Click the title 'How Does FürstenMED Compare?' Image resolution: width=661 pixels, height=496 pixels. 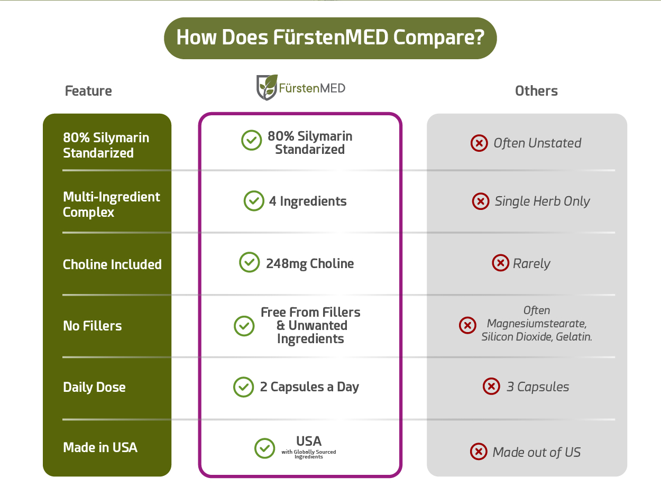(x=331, y=38)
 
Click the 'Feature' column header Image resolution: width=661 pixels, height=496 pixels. (x=88, y=91)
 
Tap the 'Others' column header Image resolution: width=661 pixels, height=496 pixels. (x=536, y=91)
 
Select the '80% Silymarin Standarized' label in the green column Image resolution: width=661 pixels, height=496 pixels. (x=106, y=145)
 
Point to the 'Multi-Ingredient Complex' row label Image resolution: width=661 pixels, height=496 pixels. (x=112, y=205)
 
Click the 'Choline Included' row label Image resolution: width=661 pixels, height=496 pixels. (x=112, y=264)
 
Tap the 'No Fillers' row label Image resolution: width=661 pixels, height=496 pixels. (x=93, y=326)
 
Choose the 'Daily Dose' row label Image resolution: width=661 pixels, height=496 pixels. (x=94, y=387)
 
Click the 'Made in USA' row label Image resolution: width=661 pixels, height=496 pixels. (x=100, y=447)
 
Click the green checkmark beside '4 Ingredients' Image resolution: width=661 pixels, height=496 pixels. (x=254, y=201)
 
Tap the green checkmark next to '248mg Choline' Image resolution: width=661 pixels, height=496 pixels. (x=250, y=262)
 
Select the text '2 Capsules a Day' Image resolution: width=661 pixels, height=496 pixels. (x=309, y=387)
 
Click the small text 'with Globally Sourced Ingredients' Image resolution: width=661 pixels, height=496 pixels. (x=309, y=454)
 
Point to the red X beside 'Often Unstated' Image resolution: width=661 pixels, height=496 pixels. (x=479, y=143)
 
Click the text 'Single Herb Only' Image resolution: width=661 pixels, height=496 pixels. (x=543, y=201)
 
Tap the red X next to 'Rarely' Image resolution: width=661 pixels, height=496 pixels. (x=500, y=263)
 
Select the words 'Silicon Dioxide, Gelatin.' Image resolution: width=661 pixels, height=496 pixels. (x=537, y=337)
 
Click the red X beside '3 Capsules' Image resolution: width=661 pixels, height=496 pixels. (x=491, y=386)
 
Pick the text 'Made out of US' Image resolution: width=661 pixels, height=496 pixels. (x=537, y=452)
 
